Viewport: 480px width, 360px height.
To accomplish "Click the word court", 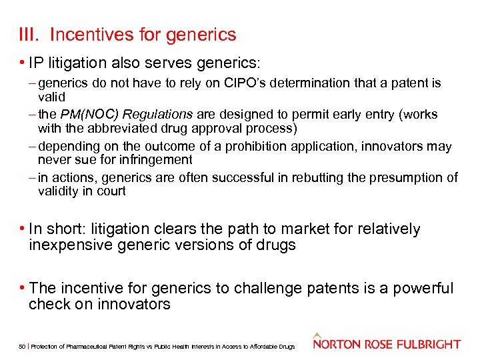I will point(111,191).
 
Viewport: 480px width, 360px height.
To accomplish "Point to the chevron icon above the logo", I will point(317,335).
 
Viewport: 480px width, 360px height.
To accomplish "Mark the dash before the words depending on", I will point(33,146).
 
